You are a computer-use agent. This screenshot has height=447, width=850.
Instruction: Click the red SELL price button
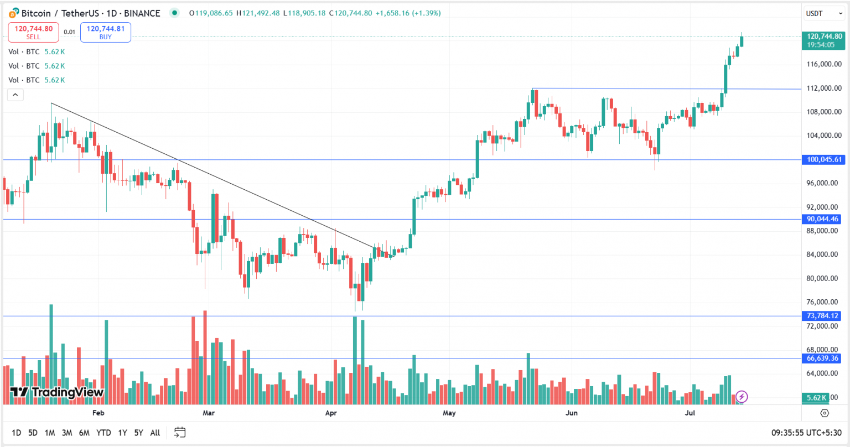coord(33,32)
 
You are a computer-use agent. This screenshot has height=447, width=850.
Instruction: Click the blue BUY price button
coord(105,32)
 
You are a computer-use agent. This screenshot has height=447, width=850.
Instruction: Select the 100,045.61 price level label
coord(824,160)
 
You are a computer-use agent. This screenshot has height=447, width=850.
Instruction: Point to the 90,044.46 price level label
coord(822,219)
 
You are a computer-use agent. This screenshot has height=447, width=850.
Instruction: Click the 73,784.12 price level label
coord(822,316)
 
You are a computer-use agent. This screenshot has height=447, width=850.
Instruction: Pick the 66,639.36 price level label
coord(822,358)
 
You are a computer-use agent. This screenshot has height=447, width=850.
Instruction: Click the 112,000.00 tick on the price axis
coord(824,89)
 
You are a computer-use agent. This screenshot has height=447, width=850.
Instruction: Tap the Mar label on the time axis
coord(209,413)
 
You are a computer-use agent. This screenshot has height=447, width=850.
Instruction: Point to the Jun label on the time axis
coord(572,413)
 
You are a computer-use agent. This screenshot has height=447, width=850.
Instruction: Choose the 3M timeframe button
coord(67,433)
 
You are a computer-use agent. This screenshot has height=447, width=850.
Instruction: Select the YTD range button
coord(103,433)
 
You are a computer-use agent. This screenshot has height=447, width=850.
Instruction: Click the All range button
coord(155,433)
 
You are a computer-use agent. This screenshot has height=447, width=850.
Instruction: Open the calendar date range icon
coord(180,432)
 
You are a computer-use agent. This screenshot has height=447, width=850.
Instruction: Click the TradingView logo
coord(57,393)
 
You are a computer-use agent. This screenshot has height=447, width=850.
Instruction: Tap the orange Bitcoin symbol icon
coord(14,13)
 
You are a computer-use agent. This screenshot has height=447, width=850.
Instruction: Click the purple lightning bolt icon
coord(742,397)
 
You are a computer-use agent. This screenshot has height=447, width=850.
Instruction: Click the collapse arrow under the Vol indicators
coord(15,95)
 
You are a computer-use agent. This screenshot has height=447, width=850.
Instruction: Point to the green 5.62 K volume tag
coord(816,398)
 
